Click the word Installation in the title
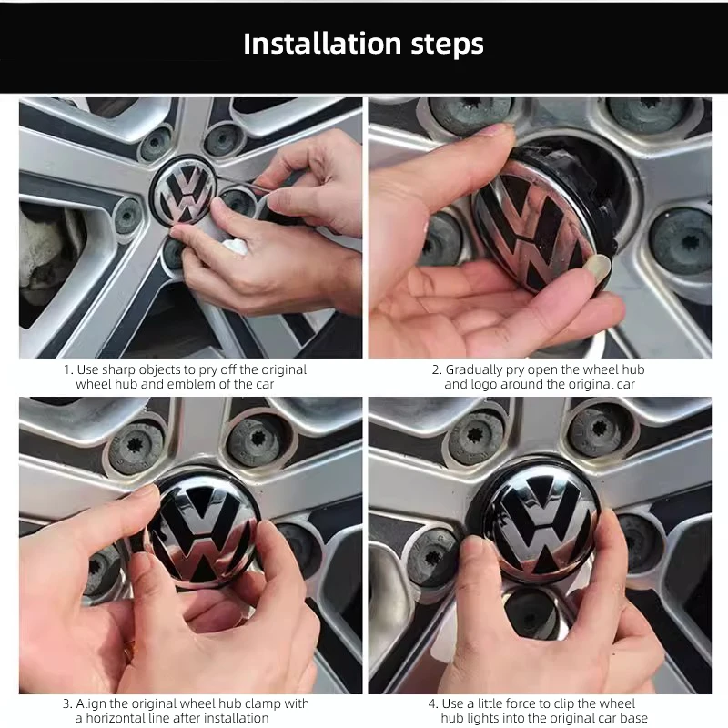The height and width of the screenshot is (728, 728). click(x=322, y=44)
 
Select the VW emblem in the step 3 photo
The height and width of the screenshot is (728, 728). click(x=203, y=531)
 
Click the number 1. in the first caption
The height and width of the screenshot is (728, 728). click(x=68, y=370)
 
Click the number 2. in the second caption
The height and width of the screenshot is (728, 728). click(x=437, y=370)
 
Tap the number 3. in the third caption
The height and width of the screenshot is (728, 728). click(x=67, y=703)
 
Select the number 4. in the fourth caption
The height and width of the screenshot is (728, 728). click(x=433, y=703)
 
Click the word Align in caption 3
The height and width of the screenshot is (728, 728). click(x=92, y=704)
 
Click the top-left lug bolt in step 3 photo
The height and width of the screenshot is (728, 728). click(x=136, y=447)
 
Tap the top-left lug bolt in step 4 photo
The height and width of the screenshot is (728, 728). click(x=476, y=438)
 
